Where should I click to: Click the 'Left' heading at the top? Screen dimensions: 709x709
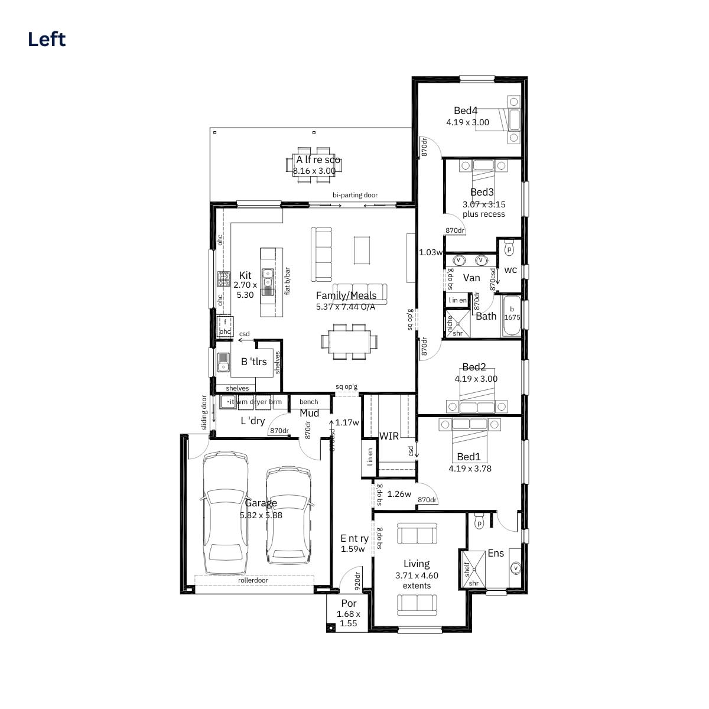tap(47, 40)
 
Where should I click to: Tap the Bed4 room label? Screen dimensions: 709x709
tap(466, 110)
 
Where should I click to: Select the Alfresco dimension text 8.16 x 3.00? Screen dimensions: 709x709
tap(314, 171)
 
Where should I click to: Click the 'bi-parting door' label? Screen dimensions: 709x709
tap(354, 195)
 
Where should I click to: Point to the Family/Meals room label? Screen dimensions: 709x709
tap(346, 295)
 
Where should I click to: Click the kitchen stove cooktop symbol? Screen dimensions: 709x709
tap(224, 278)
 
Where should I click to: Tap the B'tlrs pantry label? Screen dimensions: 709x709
tap(253, 362)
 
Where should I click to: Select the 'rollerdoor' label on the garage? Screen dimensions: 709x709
tap(253, 580)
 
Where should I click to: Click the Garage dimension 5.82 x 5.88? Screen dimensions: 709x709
tap(261, 515)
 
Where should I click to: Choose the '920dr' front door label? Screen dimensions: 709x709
tap(357, 581)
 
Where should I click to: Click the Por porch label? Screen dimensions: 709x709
tap(349, 603)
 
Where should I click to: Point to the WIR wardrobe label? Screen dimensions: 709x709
tap(389, 436)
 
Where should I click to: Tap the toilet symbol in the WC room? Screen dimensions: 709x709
tap(509, 249)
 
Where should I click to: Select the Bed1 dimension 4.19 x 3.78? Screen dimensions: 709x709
tap(470, 469)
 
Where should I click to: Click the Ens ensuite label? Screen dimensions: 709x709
tap(496, 553)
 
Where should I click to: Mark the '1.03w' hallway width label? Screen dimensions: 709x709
tap(430, 252)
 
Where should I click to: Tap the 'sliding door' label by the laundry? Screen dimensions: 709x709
tap(204, 413)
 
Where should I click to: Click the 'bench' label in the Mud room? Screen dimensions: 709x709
tap(308, 402)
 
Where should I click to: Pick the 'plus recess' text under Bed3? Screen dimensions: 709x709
tap(483, 214)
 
